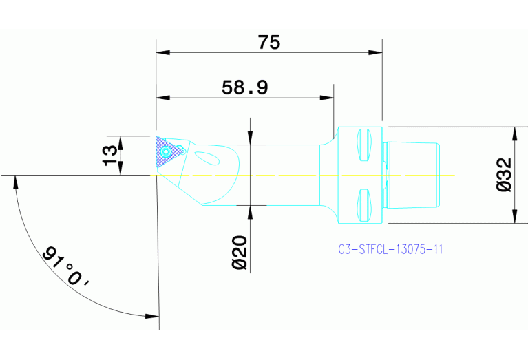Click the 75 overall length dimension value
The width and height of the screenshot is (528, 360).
point(269,43)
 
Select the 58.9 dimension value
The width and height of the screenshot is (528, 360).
point(244,87)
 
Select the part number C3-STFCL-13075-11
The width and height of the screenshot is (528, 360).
point(390,249)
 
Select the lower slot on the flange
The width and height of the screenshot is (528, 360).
point(366,205)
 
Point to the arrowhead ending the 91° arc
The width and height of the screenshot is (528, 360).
point(153,316)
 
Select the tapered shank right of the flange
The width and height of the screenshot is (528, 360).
point(412,175)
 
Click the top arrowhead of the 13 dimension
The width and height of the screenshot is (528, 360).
point(120,141)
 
